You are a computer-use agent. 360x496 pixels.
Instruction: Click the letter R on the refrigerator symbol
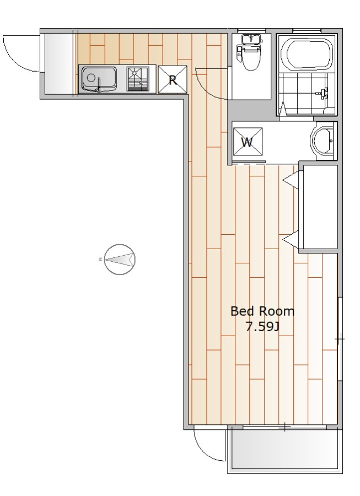point(173,80)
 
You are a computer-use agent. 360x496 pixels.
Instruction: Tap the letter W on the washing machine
point(247,142)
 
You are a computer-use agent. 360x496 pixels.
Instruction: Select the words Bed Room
point(262,311)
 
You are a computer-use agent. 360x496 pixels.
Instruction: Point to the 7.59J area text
point(262,327)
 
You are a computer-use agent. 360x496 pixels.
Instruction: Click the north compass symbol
point(120,260)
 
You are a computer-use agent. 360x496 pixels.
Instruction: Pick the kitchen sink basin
point(99,79)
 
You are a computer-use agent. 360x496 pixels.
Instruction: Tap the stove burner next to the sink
point(138,79)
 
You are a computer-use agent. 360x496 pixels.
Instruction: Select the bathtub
point(310,55)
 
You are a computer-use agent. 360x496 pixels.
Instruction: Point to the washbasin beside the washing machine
point(322,141)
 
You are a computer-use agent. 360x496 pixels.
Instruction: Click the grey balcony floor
point(286,449)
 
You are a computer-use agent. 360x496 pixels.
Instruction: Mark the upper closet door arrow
point(291,180)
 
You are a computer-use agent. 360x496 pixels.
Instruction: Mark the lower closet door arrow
point(291,240)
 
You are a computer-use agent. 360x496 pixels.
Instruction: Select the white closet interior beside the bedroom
point(320,208)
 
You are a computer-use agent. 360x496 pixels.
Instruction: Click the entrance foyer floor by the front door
point(59,63)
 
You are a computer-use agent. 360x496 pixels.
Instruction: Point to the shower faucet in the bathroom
point(324,93)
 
